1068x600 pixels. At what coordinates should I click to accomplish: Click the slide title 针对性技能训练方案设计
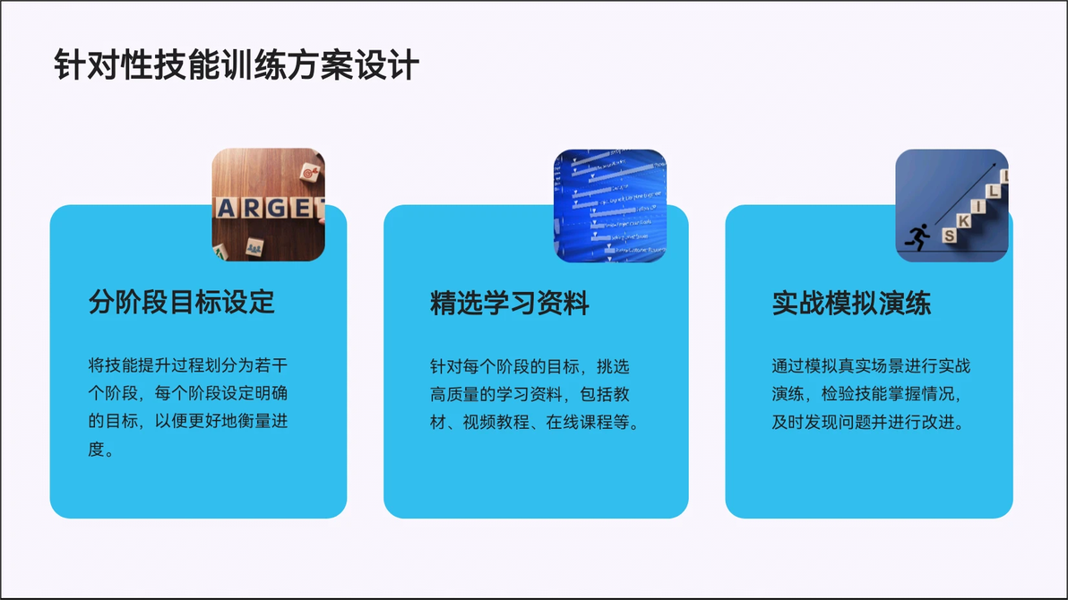(237, 65)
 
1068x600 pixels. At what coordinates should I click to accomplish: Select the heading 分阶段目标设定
(182, 302)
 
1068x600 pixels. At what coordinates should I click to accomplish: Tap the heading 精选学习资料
(510, 303)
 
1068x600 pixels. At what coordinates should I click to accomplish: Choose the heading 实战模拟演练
(851, 303)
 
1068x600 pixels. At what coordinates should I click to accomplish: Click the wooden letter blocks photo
(269, 205)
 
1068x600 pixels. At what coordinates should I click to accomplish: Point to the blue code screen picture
(610, 206)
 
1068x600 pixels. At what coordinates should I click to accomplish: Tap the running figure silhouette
(917, 237)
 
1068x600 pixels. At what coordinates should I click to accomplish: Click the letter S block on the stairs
(949, 235)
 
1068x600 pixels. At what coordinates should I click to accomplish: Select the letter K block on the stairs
(963, 220)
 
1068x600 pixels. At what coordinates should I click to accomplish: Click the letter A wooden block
(226, 209)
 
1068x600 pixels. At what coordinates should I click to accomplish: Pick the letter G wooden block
(277, 208)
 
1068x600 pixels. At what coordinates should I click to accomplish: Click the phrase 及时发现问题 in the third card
(822, 423)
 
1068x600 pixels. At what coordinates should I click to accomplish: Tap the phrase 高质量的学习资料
(496, 394)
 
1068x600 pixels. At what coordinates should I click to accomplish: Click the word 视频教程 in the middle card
(495, 423)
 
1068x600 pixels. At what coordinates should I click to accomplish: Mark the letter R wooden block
(252, 208)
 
